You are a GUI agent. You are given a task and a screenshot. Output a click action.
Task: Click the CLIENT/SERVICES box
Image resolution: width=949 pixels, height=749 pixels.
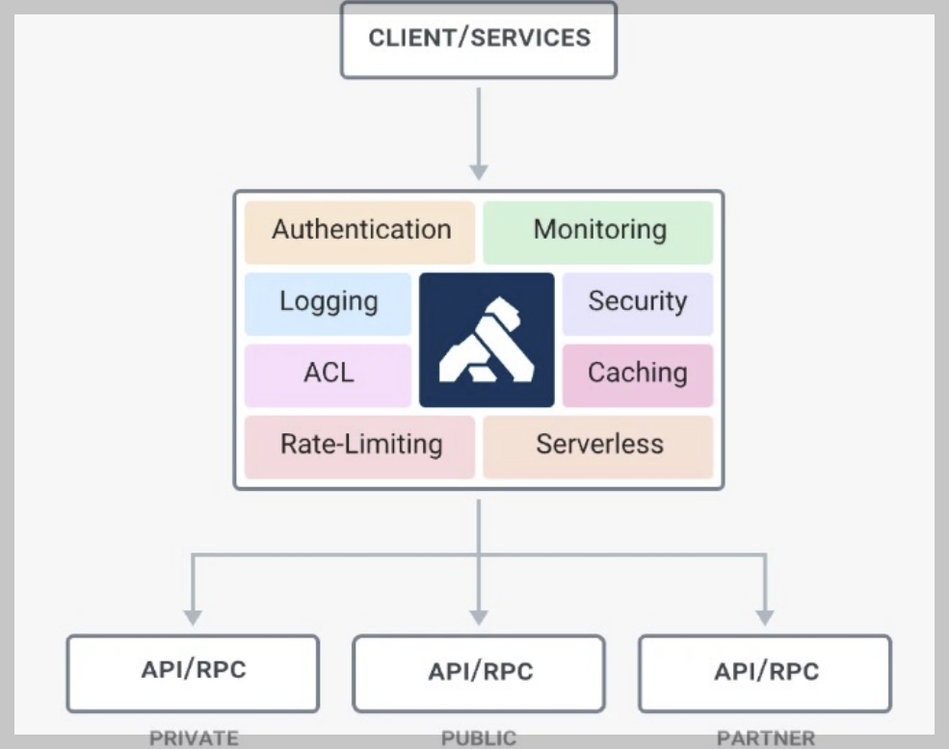[x=479, y=39]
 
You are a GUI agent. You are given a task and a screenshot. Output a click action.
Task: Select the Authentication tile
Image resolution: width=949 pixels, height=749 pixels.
[x=359, y=231]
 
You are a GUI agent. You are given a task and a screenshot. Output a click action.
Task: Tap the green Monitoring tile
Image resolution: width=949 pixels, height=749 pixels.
[x=598, y=231]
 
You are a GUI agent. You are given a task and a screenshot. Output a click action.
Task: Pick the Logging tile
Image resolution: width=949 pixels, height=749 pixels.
[x=328, y=302]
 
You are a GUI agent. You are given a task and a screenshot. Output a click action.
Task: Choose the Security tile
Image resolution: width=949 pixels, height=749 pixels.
[x=637, y=302]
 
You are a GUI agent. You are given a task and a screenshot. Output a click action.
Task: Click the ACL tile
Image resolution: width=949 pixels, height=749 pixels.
[x=328, y=374]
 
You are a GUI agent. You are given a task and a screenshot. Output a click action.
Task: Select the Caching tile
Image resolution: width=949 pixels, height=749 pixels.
[x=637, y=374]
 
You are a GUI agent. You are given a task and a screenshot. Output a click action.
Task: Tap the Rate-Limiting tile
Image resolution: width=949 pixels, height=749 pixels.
[x=359, y=446]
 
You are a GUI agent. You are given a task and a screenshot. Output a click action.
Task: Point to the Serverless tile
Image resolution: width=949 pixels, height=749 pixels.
[x=598, y=446]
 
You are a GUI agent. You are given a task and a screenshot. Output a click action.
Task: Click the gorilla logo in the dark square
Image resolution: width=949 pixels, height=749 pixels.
[x=487, y=340]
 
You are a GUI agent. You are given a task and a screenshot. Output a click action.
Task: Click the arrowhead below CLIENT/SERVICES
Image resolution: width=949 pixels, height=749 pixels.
[x=479, y=171]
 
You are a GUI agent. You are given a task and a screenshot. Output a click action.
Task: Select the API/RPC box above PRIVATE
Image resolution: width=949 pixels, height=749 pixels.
[x=193, y=672]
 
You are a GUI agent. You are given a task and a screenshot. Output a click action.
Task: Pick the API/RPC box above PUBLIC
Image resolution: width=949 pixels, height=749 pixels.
[x=479, y=672]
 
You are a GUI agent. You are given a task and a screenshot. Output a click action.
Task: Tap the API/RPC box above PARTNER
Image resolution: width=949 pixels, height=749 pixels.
[x=765, y=672]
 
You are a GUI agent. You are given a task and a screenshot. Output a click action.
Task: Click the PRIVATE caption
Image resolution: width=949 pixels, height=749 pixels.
[x=193, y=738]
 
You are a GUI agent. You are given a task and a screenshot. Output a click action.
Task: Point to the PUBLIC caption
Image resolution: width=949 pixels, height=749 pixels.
[x=479, y=738]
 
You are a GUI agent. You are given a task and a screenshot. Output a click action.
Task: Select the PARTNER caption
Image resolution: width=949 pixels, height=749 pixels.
[x=765, y=738]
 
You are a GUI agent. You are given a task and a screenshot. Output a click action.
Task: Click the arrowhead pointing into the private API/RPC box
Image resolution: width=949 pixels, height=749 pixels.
[x=193, y=616]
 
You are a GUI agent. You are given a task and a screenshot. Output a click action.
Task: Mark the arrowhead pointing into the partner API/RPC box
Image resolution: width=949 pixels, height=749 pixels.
[x=765, y=616]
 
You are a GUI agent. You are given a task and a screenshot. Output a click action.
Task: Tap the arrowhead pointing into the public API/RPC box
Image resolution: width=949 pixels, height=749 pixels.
[x=479, y=616]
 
